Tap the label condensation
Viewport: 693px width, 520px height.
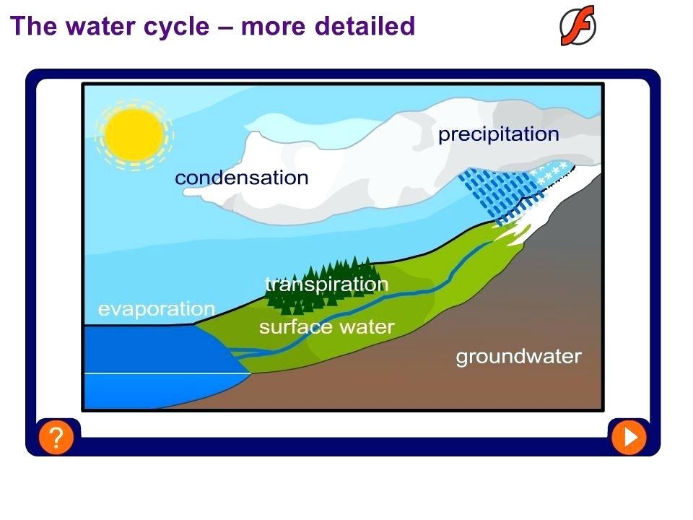pyautogui.click(x=241, y=178)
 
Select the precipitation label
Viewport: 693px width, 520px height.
pyautogui.click(x=498, y=134)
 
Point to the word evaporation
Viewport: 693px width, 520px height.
pyautogui.click(x=156, y=309)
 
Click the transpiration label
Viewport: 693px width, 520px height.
pyautogui.click(x=327, y=285)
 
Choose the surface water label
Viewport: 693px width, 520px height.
pyautogui.click(x=326, y=327)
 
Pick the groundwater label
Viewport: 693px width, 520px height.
pyautogui.click(x=518, y=356)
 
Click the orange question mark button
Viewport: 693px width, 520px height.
pyautogui.click(x=56, y=437)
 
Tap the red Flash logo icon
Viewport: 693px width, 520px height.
pyautogui.click(x=577, y=26)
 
